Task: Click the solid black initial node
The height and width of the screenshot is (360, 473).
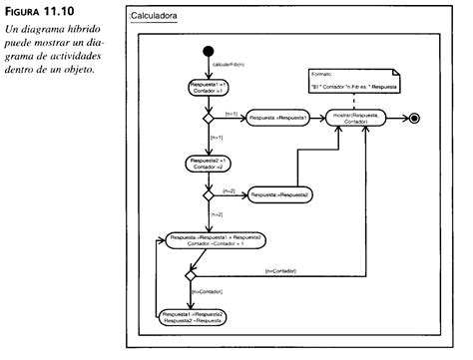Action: tap(208, 50)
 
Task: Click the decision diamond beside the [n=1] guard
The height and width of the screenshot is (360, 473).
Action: tap(208, 119)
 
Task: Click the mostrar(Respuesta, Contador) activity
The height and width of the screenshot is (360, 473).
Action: tap(362, 119)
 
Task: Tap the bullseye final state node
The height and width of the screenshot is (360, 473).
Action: tap(413, 119)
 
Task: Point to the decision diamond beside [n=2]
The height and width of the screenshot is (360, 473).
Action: tap(208, 194)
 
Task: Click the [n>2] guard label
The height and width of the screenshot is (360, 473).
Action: tap(220, 213)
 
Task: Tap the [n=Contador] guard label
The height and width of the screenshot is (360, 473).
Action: tap(278, 272)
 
